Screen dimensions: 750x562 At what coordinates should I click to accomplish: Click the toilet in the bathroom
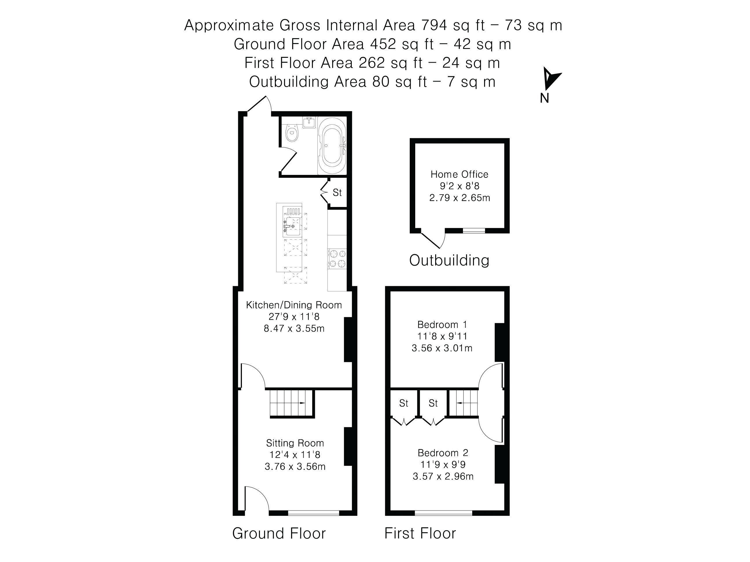pyautogui.click(x=292, y=132)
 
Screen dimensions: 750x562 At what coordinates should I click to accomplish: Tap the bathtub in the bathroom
pyautogui.click(x=332, y=146)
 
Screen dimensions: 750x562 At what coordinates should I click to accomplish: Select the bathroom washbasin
pyautogui.click(x=309, y=122)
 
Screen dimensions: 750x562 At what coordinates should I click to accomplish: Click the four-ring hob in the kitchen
pyautogui.click(x=337, y=258)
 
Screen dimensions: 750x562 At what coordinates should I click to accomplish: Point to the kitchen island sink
pyautogui.click(x=292, y=226)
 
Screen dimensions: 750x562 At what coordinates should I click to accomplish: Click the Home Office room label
pyautogui.click(x=459, y=174)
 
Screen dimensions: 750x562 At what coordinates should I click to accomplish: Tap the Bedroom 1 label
pyautogui.click(x=442, y=325)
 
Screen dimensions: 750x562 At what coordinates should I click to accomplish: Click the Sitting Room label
pyautogui.click(x=295, y=443)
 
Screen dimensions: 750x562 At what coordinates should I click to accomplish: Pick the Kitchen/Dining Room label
pyautogui.click(x=294, y=305)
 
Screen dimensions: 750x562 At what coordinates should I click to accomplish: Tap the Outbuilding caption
pyautogui.click(x=449, y=260)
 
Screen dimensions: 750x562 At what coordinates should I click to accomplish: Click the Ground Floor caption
pyautogui.click(x=279, y=533)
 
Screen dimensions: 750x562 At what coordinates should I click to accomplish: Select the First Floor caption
pyautogui.click(x=420, y=533)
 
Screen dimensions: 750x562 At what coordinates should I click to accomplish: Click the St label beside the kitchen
pyautogui.click(x=337, y=193)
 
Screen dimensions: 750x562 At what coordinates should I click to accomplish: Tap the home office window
pyautogui.click(x=474, y=231)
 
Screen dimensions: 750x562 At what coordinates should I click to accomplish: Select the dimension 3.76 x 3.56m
pyautogui.click(x=295, y=467)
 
